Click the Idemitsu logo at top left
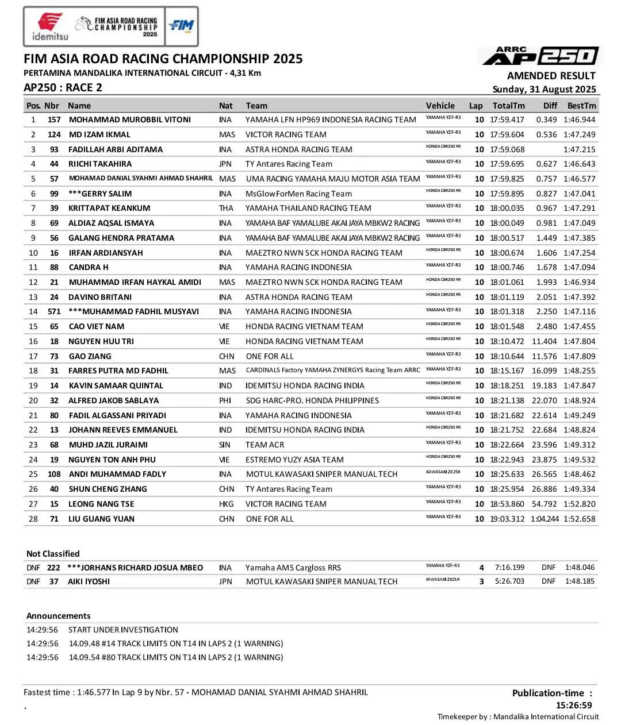(50, 26)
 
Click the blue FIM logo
(181, 26)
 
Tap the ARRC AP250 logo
(540, 56)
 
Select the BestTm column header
(581, 106)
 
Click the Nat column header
(226, 106)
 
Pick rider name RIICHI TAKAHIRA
(100, 164)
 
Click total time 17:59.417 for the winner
(507, 119)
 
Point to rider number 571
(54, 311)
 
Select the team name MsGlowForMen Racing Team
(298, 194)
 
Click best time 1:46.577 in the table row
(580, 179)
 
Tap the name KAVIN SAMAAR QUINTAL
(116, 385)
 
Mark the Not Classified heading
(53, 554)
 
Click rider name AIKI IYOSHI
(89, 581)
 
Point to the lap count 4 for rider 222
(481, 568)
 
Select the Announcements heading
(58, 616)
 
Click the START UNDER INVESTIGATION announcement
(123, 630)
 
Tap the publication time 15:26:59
(573, 705)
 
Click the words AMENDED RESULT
(551, 76)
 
